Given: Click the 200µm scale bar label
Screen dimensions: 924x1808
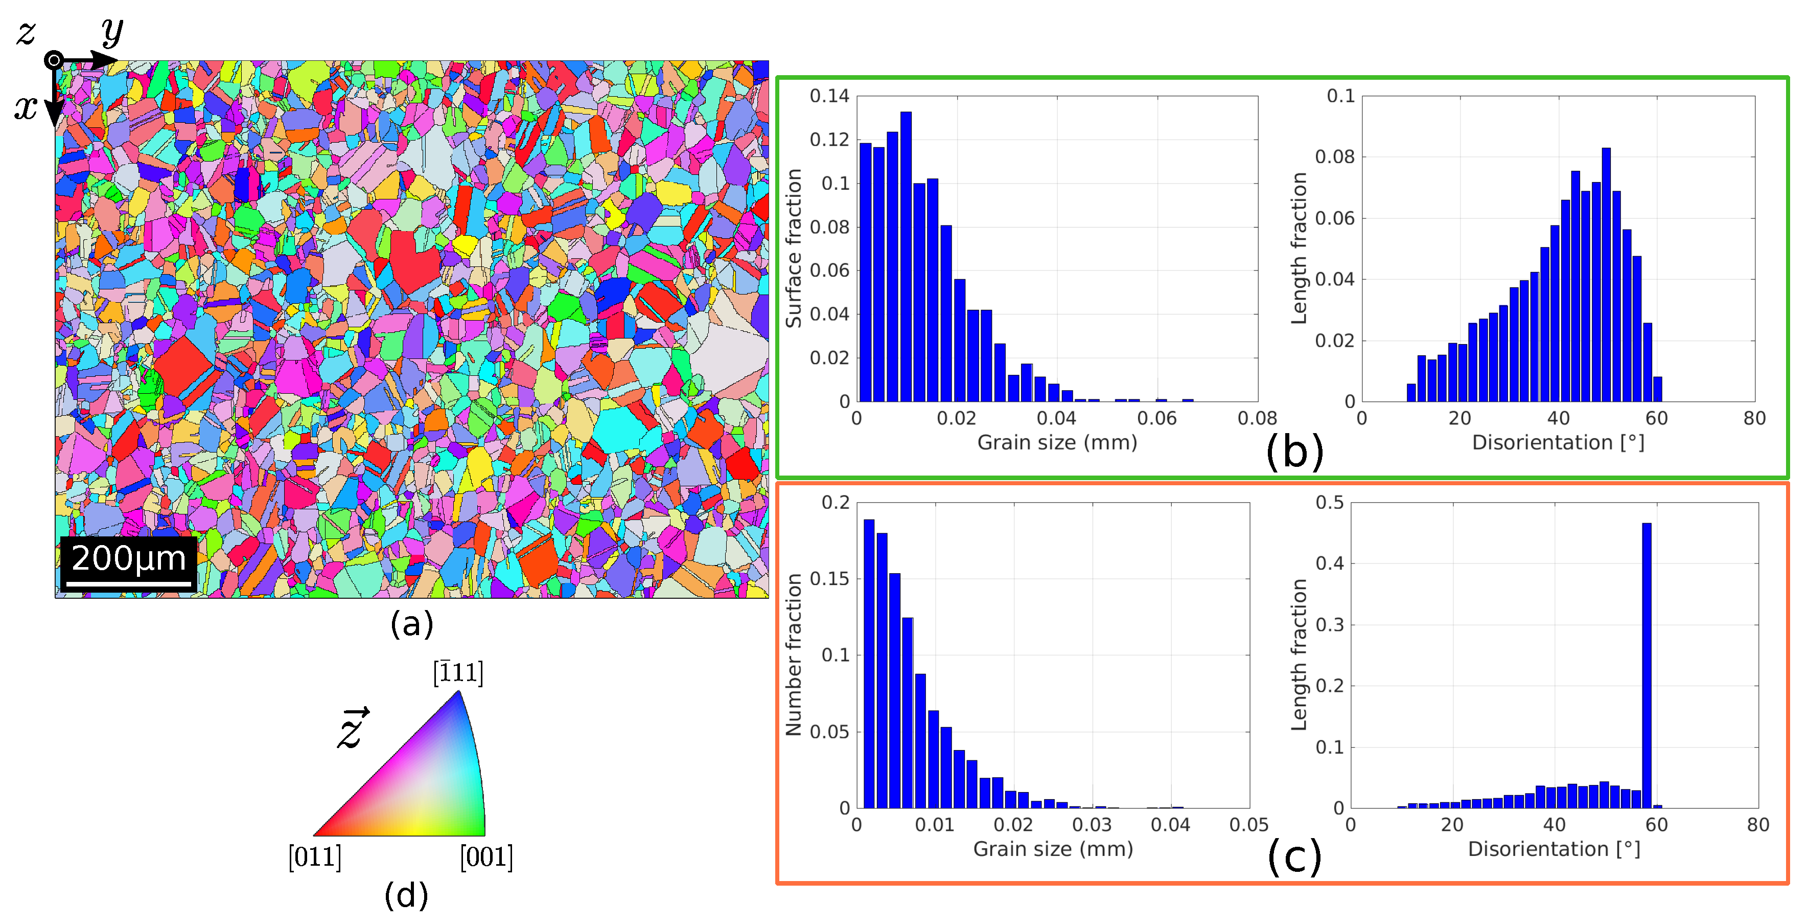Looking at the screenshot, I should pyautogui.click(x=128, y=559).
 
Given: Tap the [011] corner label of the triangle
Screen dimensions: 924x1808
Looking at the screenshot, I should pyautogui.click(x=314, y=858).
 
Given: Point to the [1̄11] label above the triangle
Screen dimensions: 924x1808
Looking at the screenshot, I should pyautogui.click(x=458, y=672).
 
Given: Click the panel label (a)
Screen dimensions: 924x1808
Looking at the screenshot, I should pyautogui.click(x=412, y=623).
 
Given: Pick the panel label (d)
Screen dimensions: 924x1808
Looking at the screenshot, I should pyautogui.click(x=406, y=895).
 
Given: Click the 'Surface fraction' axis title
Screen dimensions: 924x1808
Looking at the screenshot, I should pyautogui.click(x=794, y=248).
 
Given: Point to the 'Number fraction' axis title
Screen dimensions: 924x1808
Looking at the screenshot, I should pyautogui.click(x=794, y=655).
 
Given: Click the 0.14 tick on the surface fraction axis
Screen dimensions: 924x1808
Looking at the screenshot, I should pyautogui.click(x=829, y=96).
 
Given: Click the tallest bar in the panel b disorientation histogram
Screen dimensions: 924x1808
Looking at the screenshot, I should pyautogui.click(x=1606, y=274).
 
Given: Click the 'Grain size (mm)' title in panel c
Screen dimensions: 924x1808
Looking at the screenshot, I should pyautogui.click(x=1053, y=849).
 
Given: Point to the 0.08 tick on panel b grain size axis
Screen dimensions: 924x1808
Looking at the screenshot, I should pyautogui.click(x=1257, y=418).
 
